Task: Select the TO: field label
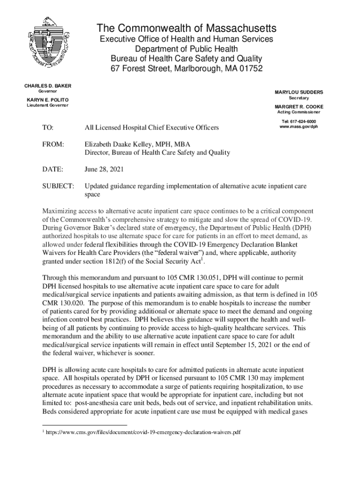(x=48, y=127)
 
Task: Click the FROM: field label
(x=53, y=145)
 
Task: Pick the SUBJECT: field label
(x=58, y=187)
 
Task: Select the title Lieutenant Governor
(x=46, y=105)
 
